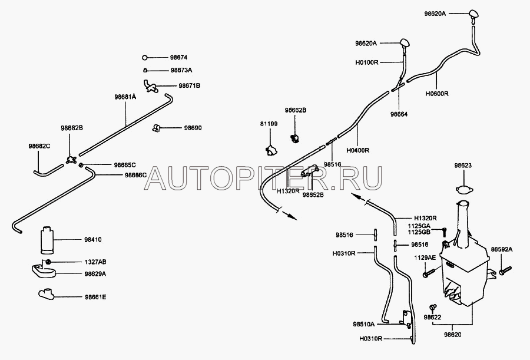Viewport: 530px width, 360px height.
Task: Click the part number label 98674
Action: (x=179, y=58)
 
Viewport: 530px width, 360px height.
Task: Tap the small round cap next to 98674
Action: (x=145, y=58)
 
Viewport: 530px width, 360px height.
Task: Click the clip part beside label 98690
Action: (x=157, y=127)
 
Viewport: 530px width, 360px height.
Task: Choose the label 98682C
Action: (x=40, y=146)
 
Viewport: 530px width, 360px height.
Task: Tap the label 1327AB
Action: (x=95, y=261)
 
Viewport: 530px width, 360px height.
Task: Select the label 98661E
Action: (x=94, y=296)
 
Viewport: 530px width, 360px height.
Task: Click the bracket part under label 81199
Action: (x=271, y=150)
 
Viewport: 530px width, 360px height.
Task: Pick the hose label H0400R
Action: (x=359, y=150)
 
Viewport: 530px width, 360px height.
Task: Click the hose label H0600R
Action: (x=437, y=93)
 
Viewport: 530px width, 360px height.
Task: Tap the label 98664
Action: (x=399, y=114)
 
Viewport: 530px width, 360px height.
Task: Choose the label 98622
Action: (x=432, y=318)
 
